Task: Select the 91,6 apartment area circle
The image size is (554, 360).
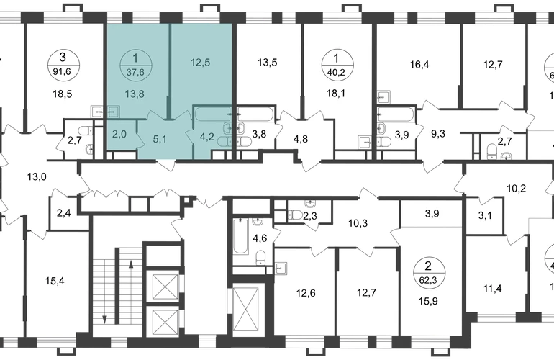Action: click(x=64, y=64)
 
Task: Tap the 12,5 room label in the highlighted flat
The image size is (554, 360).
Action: click(x=200, y=63)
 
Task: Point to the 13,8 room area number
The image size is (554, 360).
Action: click(x=135, y=94)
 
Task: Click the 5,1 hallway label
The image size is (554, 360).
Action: click(x=160, y=139)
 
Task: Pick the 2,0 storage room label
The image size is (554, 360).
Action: click(x=119, y=135)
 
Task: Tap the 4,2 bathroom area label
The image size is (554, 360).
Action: click(x=206, y=136)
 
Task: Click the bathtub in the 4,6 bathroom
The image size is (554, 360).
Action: click(x=240, y=236)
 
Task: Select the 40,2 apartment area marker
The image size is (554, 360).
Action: click(x=337, y=64)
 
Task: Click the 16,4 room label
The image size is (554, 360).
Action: click(x=419, y=65)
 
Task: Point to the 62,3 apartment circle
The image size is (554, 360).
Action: click(x=430, y=273)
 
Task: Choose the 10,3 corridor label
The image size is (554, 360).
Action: click(x=358, y=223)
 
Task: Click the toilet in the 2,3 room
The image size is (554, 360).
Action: click(x=295, y=215)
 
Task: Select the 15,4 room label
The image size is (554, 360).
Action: click(x=55, y=282)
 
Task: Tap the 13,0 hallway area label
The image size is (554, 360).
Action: click(x=37, y=177)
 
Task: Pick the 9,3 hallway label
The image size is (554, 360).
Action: click(x=438, y=134)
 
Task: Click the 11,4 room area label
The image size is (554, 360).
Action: click(x=493, y=289)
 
